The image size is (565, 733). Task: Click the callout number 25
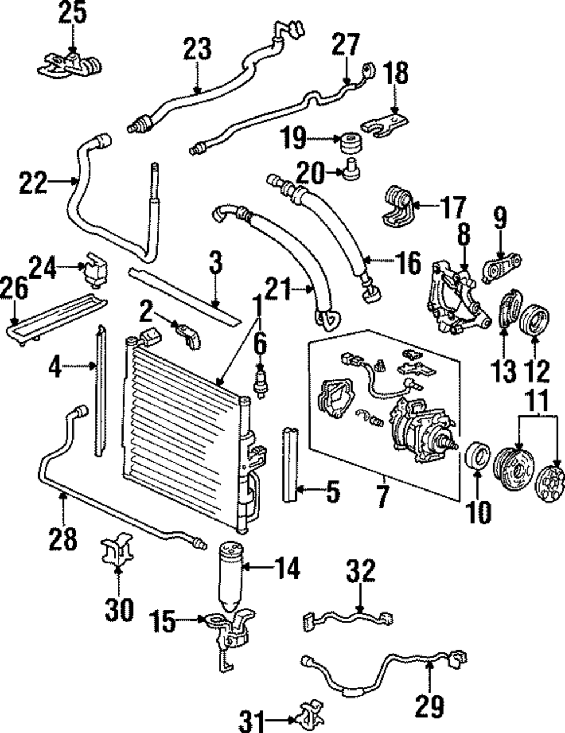click(x=73, y=12)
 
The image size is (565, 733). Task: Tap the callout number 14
click(x=286, y=568)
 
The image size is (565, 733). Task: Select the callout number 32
click(x=360, y=570)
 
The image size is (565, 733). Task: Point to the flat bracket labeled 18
click(x=384, y=125)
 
